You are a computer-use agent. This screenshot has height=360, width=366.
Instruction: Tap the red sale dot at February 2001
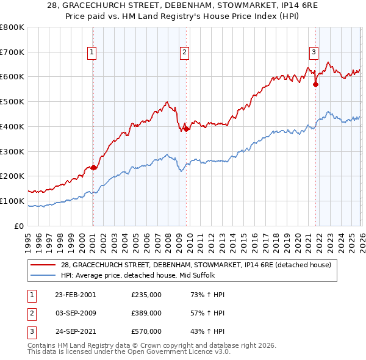pos(93,167)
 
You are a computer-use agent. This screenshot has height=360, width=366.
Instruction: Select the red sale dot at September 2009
pos(186,129)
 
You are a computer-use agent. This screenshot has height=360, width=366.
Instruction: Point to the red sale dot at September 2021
pos(316,84)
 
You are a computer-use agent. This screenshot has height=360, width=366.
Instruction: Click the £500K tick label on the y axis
pos(12,101)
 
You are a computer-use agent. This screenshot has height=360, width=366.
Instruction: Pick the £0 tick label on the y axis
pos(20,226)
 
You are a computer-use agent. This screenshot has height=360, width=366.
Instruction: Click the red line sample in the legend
pos(44,265)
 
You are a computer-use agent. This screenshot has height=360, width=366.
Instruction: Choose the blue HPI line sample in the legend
pos(44,275)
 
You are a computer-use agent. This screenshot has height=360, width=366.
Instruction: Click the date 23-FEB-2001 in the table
pos(75,295)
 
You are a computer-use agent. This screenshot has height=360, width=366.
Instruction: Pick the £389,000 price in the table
pos(146,313)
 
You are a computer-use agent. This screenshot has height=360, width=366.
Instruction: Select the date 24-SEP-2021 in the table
pos(75,331)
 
